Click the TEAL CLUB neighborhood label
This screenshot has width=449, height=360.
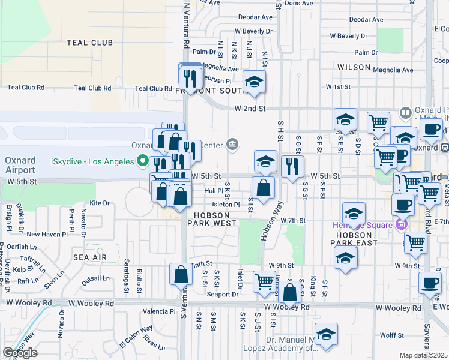pyautogui.click(x=90, y=43)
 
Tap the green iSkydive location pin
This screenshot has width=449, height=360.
pyautogui.click(x=142, y=160)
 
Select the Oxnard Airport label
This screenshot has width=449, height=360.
pyautogui.click(x=20, y=166)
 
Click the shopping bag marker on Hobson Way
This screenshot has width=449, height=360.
pyautogui.click(x=263, y=188)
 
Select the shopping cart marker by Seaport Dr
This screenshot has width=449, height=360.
pyautogui.click(x=265, y=281)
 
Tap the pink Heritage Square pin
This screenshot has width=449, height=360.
pyautogui.click(x=400, y=225)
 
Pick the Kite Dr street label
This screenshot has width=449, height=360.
pyautogui.click(x=100, y=203)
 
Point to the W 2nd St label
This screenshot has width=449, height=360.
pyautogui.click(x=250, y=109)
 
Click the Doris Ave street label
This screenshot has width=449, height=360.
pyautogui.click(x=299, y=3)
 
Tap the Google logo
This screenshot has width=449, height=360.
pyautogui.click(x=20, y=353)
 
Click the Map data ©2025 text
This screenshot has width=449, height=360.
pyautogui.click(x=423, y=355)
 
